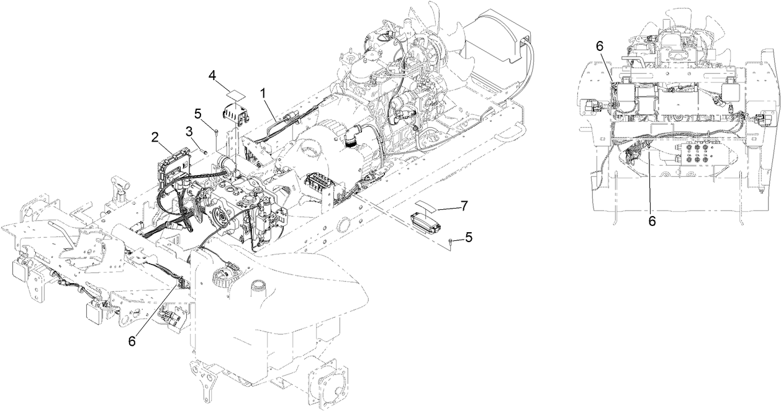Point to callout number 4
(x=212, y=75)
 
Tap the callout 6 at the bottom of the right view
(x=652, y=219)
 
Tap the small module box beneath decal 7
(x=425, y=221)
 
